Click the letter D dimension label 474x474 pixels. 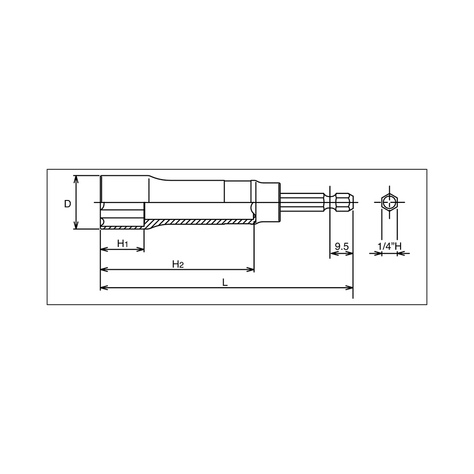[x=67, y=204]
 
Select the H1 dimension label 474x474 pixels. [x=122, y=243]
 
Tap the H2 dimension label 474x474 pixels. [x=178, y=264]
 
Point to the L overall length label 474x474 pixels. [x=225, y=283]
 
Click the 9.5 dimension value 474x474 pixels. [x=342, y=246]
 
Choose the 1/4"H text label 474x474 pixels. [x=390, y=246]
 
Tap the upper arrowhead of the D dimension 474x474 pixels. [x=76, y=179]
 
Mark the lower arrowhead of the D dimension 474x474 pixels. [x=76, y=225]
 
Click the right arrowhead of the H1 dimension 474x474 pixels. [x=141, y=249]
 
